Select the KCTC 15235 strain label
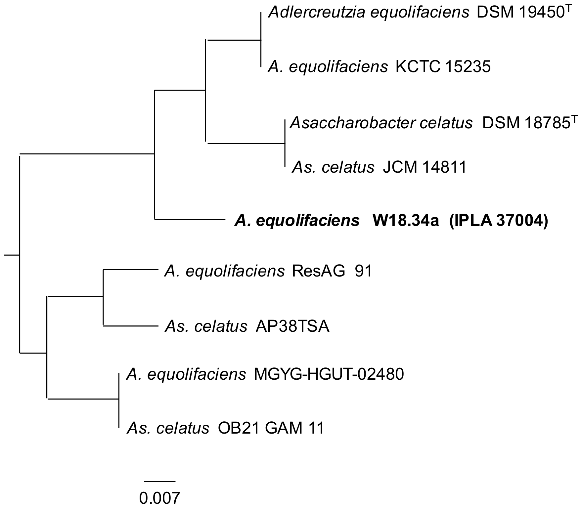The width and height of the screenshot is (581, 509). point(443,67)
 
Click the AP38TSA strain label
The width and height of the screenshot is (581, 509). point(292,327)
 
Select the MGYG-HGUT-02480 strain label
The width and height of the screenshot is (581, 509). point(329,375)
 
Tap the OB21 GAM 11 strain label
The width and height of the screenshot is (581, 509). point(271,429)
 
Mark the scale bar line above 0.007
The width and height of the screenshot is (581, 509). point(159,481)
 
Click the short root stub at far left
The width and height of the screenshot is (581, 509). point(12,255)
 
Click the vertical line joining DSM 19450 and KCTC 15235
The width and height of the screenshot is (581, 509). point(261,40)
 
